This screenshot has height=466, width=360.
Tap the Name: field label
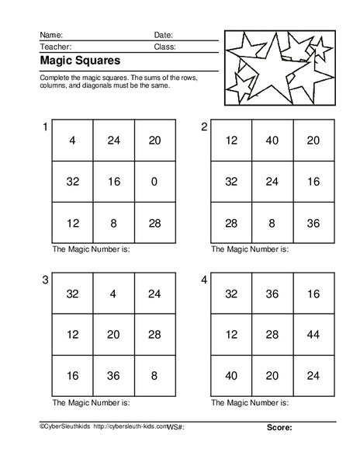click(x=51, y=35)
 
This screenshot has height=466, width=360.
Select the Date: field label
click(x=163, y=35)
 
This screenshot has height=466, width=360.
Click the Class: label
click(x=164, y=47)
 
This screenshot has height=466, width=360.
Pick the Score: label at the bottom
click(x=279, y=449)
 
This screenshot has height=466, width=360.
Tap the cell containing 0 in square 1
click(x=154, y=182)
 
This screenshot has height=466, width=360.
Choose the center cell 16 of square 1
click(x=113, y=182)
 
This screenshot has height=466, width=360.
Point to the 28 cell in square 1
click(x=154, y=223)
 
